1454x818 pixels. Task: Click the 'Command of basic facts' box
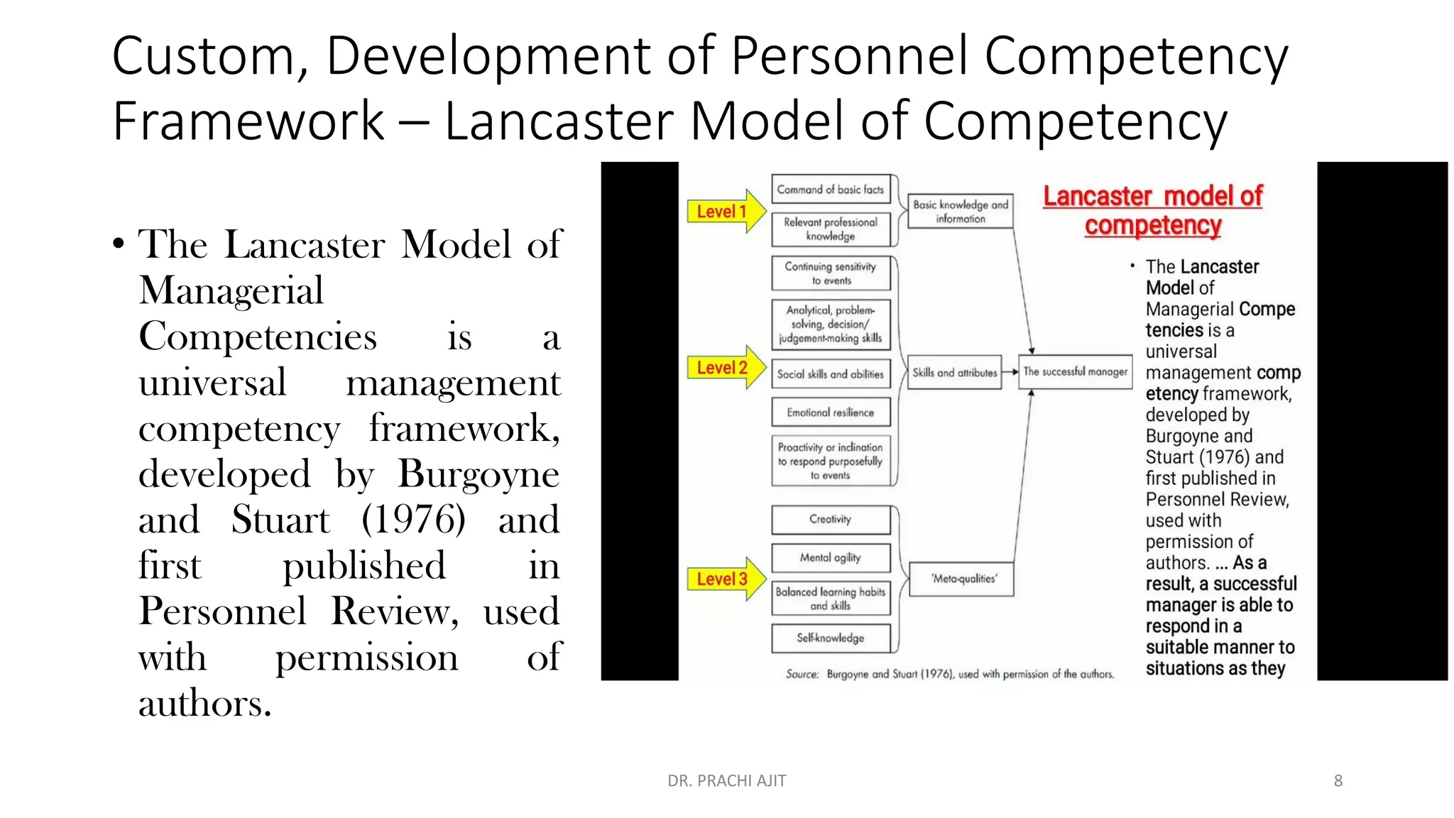[x=830, y=190]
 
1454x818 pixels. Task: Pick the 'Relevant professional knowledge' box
[x=830, y=229]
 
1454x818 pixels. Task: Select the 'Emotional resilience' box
[x=830, y=412]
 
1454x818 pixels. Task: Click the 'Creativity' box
[x=830, y=519]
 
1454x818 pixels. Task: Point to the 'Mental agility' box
[x=830, y=557]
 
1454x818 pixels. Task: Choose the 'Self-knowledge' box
[x=830, y=638]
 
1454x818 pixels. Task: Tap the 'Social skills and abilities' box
[x=830, y=373]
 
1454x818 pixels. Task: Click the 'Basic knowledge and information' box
[x=960, y=211]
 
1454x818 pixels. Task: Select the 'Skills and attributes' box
[x=954, y=372]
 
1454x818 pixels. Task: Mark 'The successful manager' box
[x=1075, y=371]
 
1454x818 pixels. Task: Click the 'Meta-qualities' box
[x=963, y=579]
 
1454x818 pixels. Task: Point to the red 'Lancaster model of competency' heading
[x=1152, y=210]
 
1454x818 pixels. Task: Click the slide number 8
[x=1338, y=780]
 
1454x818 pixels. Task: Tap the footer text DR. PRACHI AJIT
[x=726, y=780]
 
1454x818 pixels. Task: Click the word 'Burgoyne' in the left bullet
[x=478, y=474]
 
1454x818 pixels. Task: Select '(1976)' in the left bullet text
[x=413, y=520]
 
